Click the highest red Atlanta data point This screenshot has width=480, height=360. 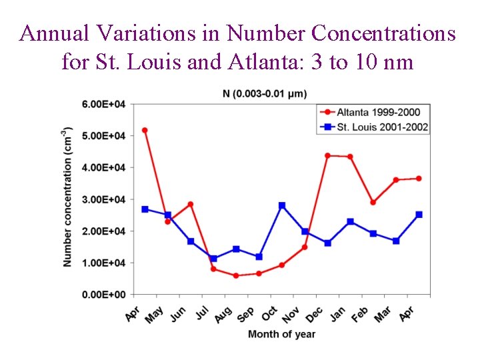145,130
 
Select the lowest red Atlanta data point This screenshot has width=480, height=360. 236,275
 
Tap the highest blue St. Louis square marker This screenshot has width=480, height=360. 282,205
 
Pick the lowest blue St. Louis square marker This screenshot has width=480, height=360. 213,259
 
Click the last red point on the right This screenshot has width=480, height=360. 419,179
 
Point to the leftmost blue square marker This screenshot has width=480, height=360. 145,209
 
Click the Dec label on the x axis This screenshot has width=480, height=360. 313,313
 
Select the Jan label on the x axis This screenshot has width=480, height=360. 337,313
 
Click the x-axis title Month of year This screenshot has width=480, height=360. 281,334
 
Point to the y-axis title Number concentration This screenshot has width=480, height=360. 68,197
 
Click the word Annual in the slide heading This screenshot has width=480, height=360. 52,33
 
